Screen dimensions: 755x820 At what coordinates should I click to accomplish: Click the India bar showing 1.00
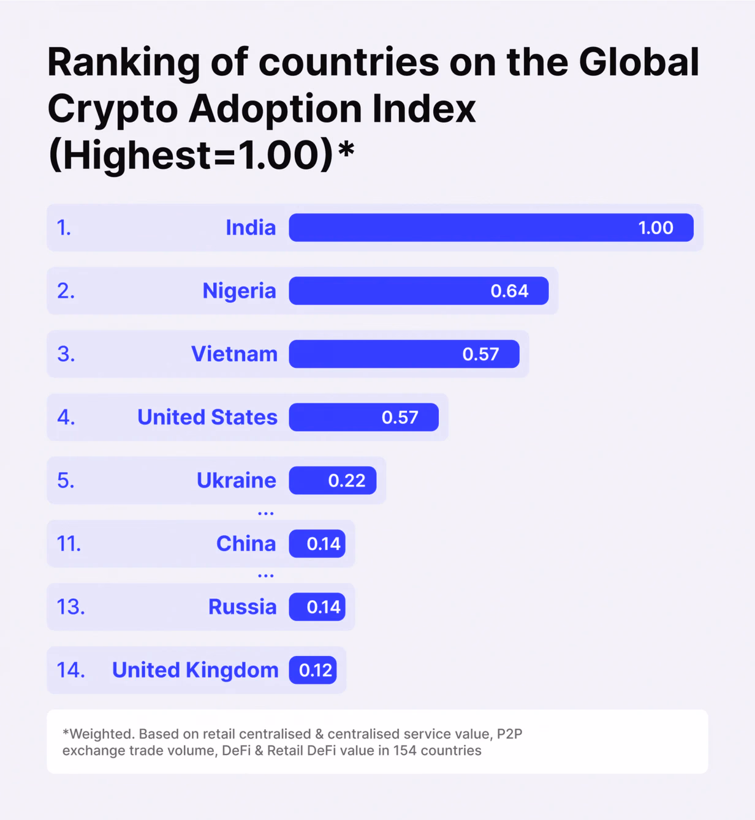pos(491,227)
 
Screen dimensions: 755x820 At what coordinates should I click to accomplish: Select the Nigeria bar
pos(419,291)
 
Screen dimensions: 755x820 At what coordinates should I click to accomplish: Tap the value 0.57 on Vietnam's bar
pos(480,354)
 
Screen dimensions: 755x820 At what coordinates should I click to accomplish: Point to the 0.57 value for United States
pos(400,418)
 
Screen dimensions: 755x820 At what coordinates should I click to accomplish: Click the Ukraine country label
pos(237,480)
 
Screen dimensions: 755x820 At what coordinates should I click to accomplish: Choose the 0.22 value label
pos(347,481)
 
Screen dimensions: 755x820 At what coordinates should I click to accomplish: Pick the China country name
pos(246,544)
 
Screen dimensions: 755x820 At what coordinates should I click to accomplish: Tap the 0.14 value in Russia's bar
pos(324,607)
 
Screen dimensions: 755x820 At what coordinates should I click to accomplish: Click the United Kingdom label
pos(195,671)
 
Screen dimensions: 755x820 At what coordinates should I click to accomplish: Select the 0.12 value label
pos(315,671)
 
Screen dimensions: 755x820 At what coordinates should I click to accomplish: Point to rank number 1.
pos(64,228)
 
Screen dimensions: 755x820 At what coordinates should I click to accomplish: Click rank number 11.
pos(69,544)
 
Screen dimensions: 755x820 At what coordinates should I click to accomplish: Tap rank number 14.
pos(71,671)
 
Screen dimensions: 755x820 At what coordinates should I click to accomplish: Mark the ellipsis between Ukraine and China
pos(265,513)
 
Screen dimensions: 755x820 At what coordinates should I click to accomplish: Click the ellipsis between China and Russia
pos(265,576)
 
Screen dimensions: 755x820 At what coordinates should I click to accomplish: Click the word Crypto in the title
pos(113,110)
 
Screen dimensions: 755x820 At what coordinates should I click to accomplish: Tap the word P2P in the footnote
pos(509,734)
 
